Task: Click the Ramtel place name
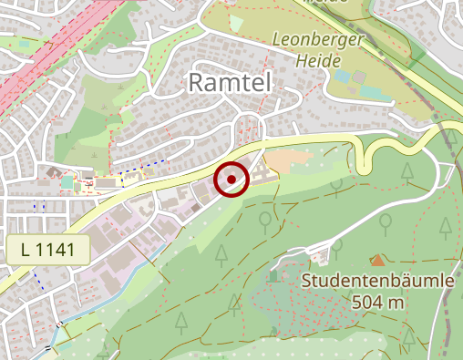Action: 231,83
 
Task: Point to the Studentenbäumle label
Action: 378,281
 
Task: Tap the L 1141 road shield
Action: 47,250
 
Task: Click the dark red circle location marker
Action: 231,179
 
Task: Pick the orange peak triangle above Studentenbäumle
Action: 377,261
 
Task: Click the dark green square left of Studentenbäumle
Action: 274,276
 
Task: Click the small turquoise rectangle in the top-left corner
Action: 67,183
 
